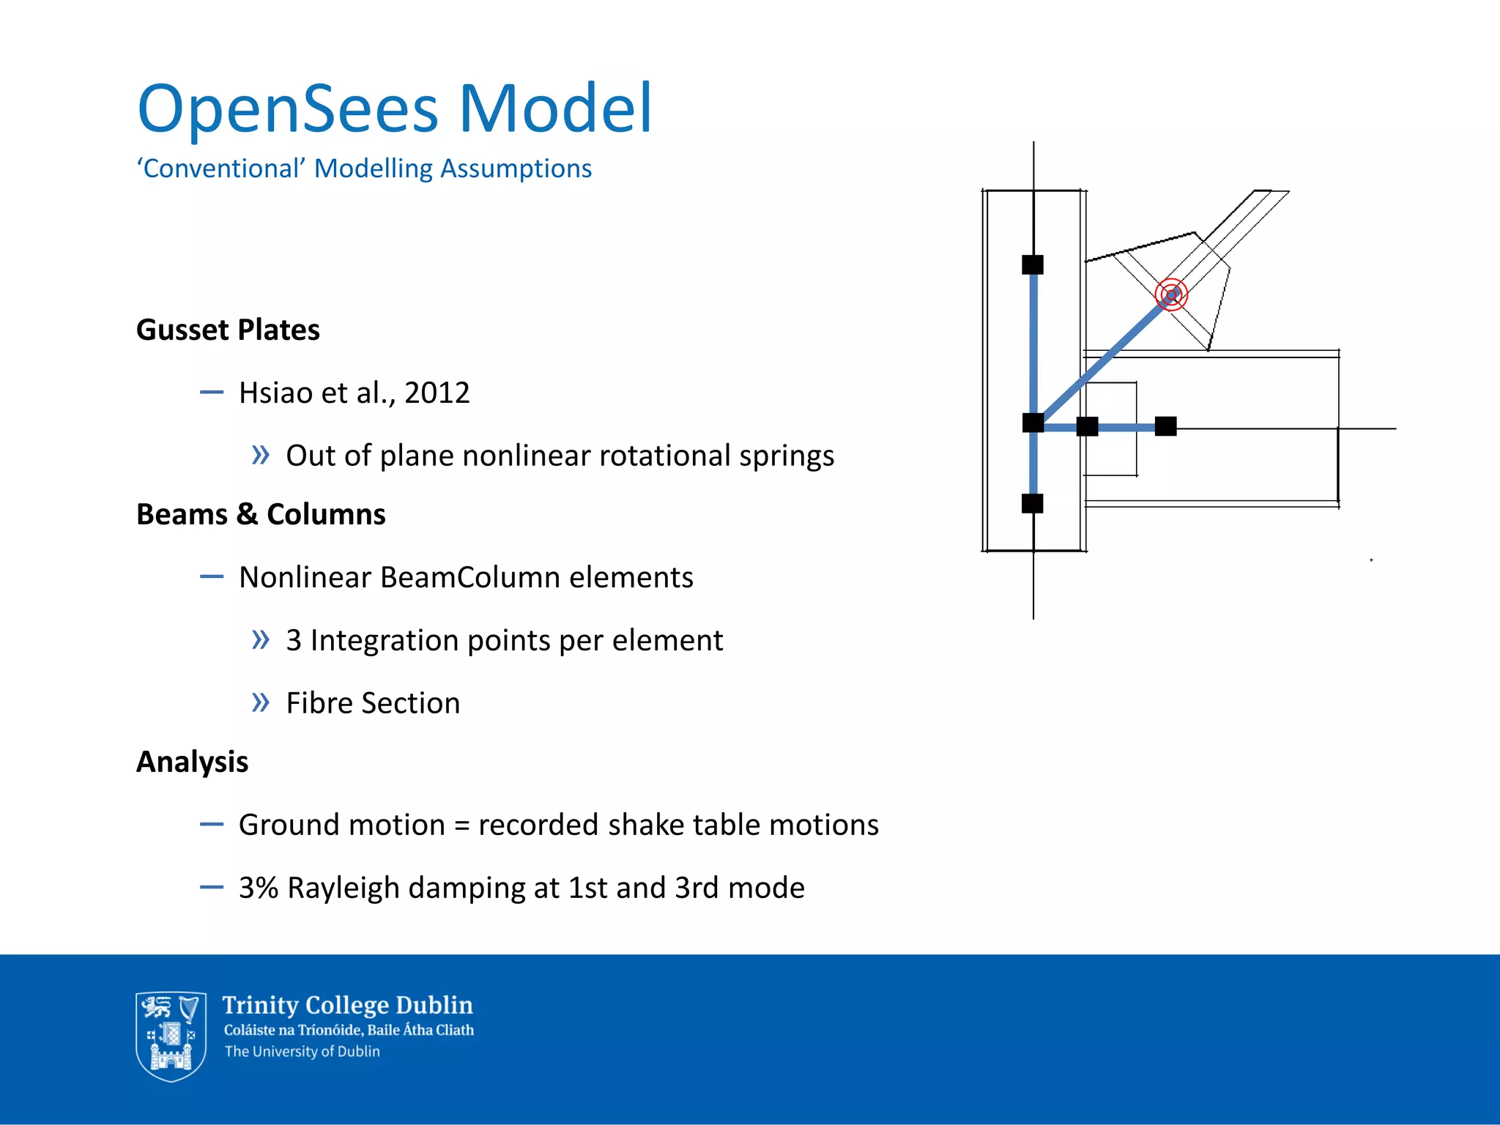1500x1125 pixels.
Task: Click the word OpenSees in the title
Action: (x=288, y=110)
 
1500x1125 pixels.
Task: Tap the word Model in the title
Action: (x=554, y=108)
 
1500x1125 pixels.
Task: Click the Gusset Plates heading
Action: (x=228, y=330)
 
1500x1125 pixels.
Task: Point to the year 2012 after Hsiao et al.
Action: (x=437, y=393)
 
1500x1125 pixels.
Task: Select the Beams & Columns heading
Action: (x=261, y=514)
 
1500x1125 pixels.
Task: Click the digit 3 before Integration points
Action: (x=294, y=640)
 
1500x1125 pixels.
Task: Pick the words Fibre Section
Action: (x=373, y=703)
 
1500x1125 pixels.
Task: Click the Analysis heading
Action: (x=192, y=762)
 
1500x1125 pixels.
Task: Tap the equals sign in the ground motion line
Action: (x=461, y=825)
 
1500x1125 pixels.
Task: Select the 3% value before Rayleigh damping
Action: (x=259, y=888)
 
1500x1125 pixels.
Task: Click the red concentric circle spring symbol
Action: (x=1171, y=295)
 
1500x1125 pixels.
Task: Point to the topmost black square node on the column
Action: (x=1033, y=264)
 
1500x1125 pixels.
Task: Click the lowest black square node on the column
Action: (x=1033, y=503)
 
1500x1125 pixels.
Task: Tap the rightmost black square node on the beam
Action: (x=1165, y=426)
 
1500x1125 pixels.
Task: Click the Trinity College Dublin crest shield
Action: (x=170, y=1036)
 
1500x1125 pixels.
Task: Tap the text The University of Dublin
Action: (x=302, y=1052)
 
